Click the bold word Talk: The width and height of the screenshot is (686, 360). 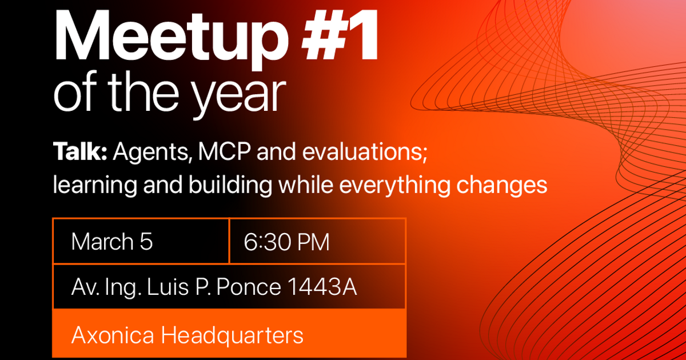point(80,151)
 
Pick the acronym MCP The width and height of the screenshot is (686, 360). point(224,151)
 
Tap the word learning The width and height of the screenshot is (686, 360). point(95,186)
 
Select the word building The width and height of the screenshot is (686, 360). point(230,186)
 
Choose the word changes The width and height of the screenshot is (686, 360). point(502,186)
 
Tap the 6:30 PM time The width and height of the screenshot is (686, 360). point(286,242)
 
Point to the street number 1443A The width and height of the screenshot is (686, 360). point(322,287)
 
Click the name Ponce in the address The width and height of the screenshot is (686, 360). point(249,287)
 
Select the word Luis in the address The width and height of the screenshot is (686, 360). point(168,287)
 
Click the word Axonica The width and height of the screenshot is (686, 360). point(113,335)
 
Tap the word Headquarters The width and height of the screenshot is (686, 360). point(232,336)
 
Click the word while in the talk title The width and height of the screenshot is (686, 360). point(306,185)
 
